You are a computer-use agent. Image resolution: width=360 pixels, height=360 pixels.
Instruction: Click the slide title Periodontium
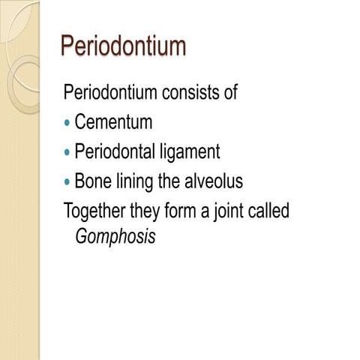pos(123,47)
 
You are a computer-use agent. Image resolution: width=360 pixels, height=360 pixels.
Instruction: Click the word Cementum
pos(114,122)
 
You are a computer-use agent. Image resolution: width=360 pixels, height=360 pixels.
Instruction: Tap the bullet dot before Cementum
pos(68,122)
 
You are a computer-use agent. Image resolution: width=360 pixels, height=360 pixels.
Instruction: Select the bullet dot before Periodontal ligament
pos(68,152)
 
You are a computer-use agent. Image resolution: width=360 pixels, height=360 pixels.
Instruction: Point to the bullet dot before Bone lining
pos(68,182)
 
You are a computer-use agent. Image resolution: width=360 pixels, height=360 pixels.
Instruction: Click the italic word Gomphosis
pos(116,238)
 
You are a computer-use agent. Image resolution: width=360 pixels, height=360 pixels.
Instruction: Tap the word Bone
pos(91,182)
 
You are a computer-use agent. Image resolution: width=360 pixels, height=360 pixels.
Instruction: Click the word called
pos(268,211)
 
